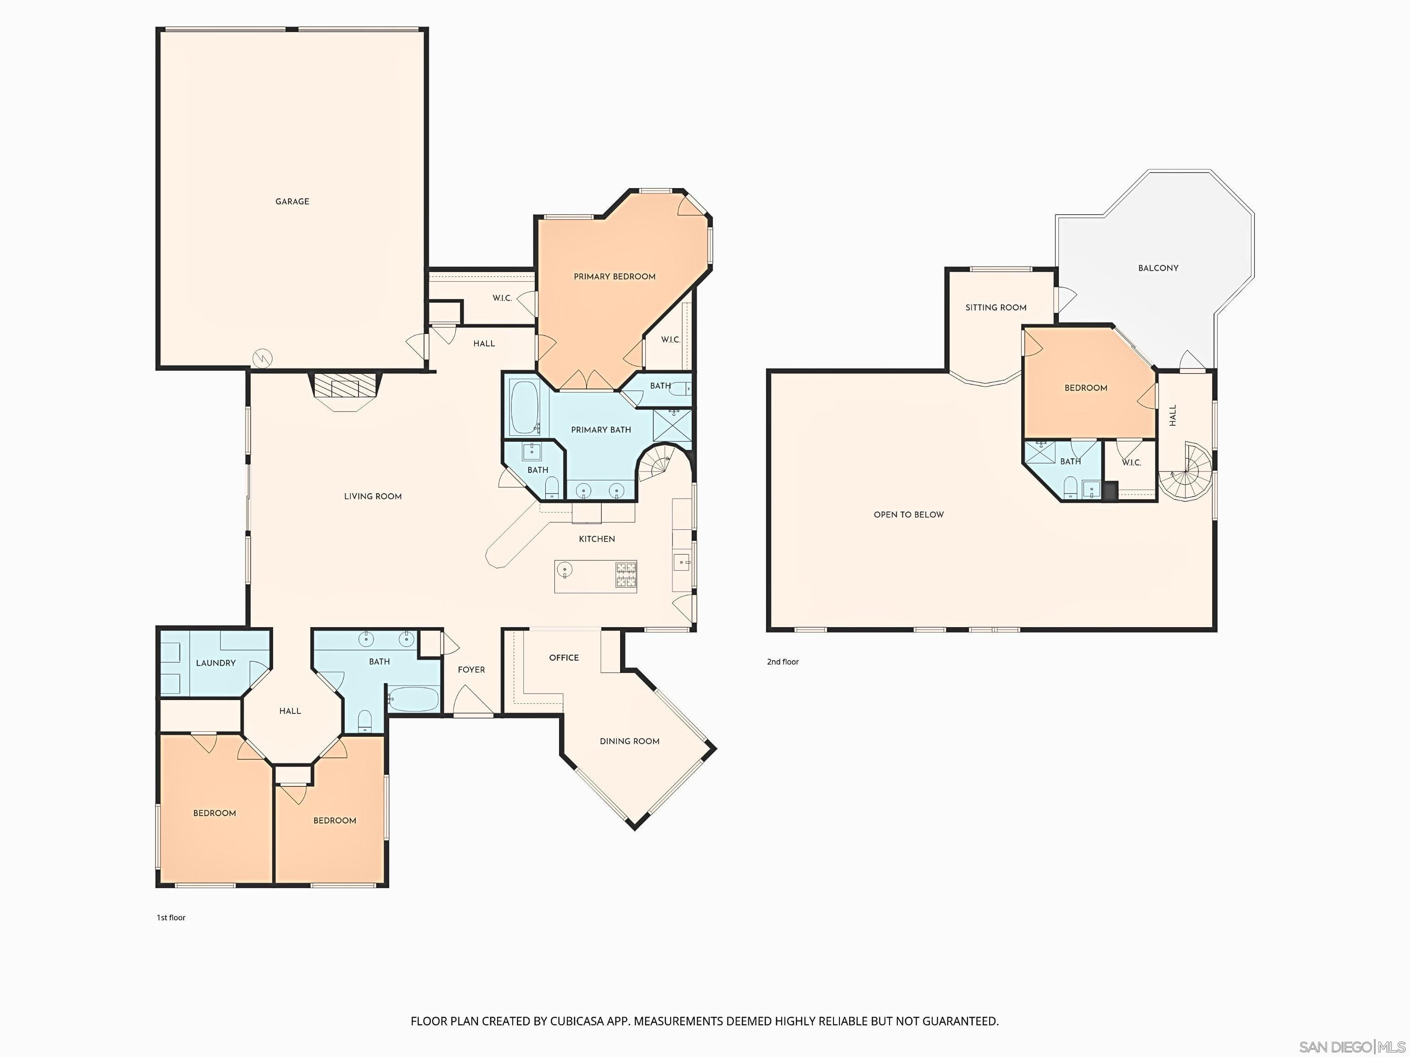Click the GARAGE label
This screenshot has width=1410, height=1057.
pos(292,201)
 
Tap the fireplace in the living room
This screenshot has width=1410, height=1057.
pos(345,387)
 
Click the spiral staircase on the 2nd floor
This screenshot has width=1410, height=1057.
pos(1186,472)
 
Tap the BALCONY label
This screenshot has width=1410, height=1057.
pos(1158,268)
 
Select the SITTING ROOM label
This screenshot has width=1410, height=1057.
pos(996,308)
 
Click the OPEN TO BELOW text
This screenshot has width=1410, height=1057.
pos(908,515)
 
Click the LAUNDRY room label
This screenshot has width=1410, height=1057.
pos(215,663)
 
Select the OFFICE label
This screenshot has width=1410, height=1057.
pos(564,657)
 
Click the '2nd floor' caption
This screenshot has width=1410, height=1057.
pos(782,662)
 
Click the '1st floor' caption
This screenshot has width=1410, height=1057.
pos(171,918)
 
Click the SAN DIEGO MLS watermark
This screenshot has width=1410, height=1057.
pos(1351,1047)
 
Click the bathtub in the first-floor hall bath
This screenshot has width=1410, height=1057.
pos(414,699)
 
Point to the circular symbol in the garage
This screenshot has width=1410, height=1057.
pos(262,358)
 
